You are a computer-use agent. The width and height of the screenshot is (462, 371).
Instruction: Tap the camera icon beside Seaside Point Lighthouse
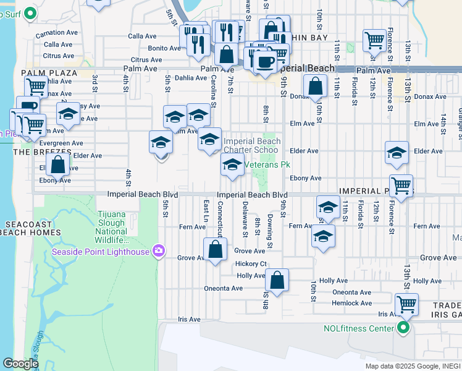coord(159,250)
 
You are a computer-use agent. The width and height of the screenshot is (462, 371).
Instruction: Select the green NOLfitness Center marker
coord(404,328)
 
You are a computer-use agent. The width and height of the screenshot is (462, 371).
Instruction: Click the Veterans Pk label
coord(267,165)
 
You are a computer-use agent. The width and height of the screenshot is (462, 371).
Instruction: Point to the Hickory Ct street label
coord(250,264)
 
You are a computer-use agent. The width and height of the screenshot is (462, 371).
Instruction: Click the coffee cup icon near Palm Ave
coord(265,63)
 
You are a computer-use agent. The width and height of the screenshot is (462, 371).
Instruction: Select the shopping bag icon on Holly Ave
coord(278,280)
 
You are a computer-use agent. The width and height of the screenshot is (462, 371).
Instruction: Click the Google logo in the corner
coord(21,364)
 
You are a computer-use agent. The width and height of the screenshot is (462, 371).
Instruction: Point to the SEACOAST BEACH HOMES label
coord(31,228)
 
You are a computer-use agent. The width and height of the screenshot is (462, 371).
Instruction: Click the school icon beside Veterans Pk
coord(232,164)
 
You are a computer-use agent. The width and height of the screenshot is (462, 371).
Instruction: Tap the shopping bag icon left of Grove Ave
coord(215,250)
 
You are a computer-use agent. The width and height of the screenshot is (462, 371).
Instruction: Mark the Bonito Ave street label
coord(164,48)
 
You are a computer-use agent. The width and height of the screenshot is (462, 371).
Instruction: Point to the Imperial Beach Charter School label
coord(252,145)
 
